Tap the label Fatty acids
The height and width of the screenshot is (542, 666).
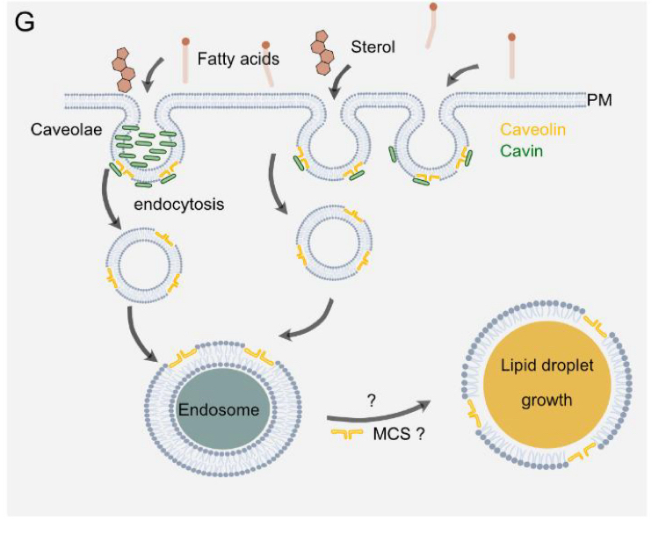tap(238, 59)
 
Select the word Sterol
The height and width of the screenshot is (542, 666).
tap(373, 47)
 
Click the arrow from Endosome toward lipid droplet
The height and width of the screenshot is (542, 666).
tap(379, 414)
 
